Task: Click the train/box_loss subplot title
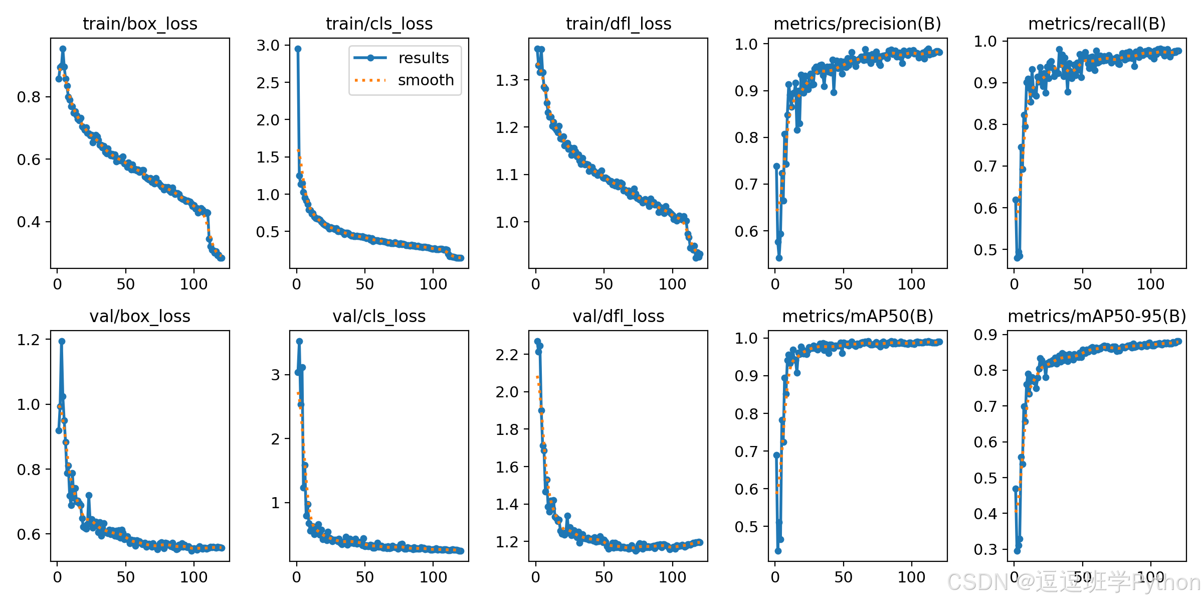(x=140, y=24)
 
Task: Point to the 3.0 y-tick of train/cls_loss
(x=268, y=45)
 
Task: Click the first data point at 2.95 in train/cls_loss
(x=298, y=49)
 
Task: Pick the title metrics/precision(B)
(x=858, y=24)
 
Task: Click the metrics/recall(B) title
(x=1097, y=24)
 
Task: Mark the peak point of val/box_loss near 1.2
(x=62, y=341)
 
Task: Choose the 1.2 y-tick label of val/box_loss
(x=29, y=340)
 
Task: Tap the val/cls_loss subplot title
(x=379, y=316)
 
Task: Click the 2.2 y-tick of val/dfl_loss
(x=507, y=355)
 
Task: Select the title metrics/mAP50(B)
(x=858, y=316)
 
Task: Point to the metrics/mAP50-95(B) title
(x=1097, y=316)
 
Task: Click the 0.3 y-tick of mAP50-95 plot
(x=985, y=549)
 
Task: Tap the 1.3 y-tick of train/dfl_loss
(x=507, y=80)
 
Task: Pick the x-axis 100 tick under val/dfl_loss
(x=672, y=577)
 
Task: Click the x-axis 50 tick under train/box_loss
(x=125, y=284)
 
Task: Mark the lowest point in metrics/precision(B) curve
(x=779, y=258)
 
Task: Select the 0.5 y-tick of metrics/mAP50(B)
(x=746, y=527)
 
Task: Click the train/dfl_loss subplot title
(x=619, y=24)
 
